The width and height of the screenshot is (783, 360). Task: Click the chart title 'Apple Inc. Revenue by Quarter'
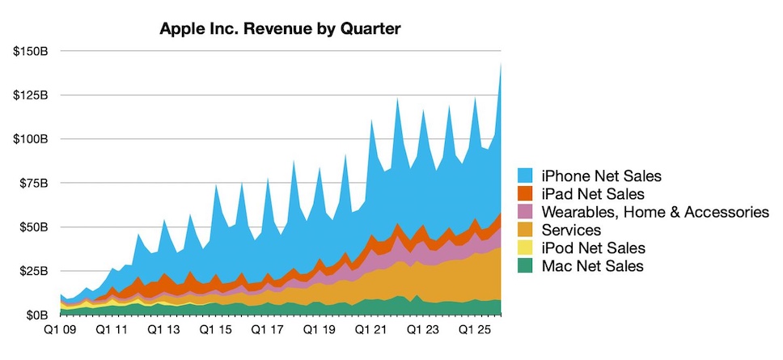click(279, 29)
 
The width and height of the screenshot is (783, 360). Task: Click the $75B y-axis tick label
click(34, 184)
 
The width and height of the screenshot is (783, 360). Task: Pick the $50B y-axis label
click(34, 227)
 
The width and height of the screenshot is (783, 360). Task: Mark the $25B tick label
click(34, 271)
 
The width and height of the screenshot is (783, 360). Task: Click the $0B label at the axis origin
click(37, 315)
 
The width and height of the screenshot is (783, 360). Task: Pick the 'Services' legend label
click(568, 231)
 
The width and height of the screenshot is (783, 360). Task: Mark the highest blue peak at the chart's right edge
click(502, 65)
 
